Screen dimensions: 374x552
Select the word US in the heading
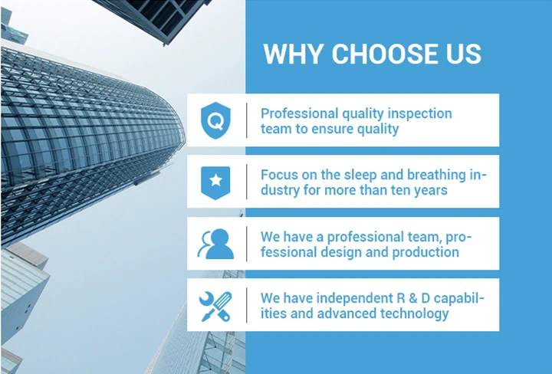[x=461, y=54]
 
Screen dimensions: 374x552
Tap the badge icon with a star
[x=215, y=182]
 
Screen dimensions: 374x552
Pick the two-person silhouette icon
[x=215, y=243]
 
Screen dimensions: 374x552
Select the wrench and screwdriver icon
[x=215, y=304]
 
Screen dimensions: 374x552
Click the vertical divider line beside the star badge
[x=247, y=182]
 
